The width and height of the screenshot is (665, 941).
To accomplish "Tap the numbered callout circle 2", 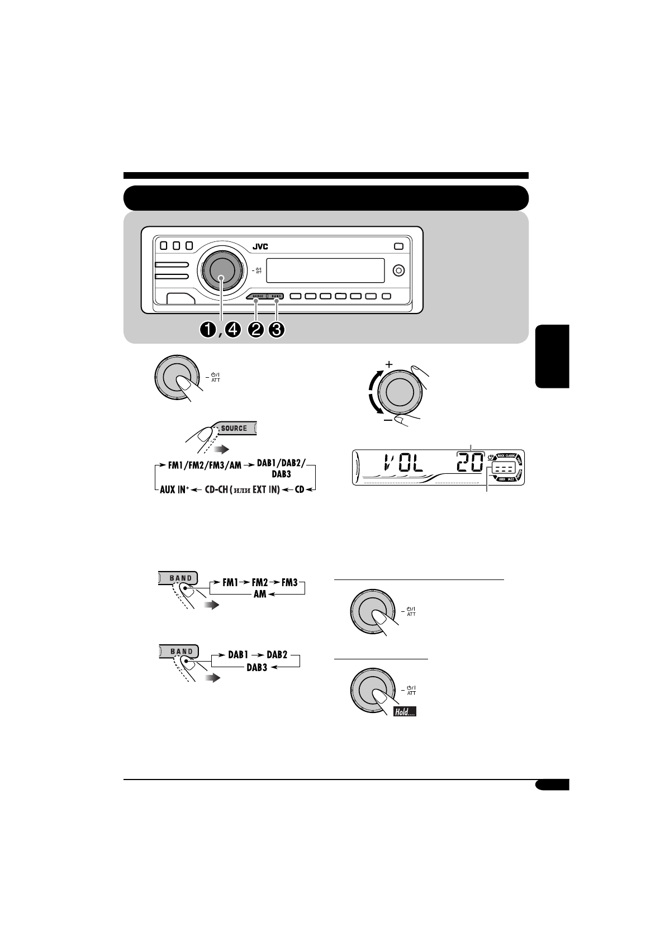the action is coord(257,330).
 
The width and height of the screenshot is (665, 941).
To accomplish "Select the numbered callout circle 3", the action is coord(276,330).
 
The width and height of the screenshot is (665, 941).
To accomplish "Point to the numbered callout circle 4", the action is coord(232,330).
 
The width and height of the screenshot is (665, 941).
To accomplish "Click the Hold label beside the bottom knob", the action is coord(405,712).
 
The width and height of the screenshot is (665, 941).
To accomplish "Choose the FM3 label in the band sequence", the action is coord(289,582).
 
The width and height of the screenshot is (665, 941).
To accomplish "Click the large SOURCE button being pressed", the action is coord(234,428).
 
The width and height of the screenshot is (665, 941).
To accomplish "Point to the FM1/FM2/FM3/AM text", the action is coord(205,464).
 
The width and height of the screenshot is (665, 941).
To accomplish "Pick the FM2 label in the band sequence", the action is coord(260,582).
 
